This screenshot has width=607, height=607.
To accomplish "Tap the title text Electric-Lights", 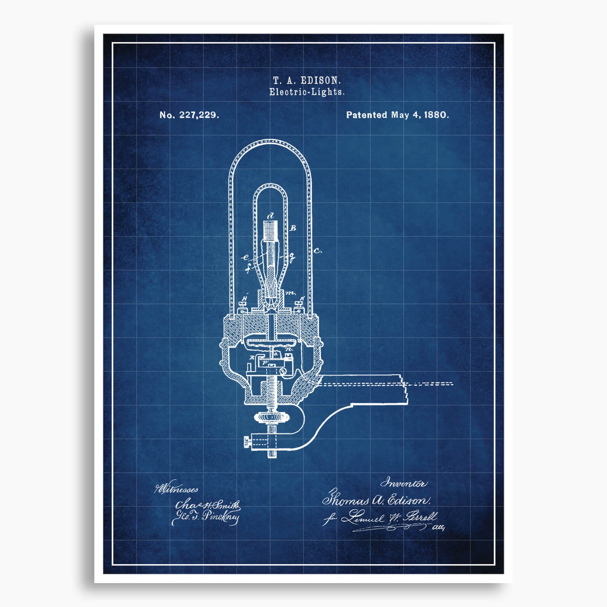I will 307,92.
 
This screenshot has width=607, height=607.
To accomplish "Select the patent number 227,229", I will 199,115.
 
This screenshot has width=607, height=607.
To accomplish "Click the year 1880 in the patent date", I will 436,115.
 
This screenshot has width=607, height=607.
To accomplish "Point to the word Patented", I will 366,115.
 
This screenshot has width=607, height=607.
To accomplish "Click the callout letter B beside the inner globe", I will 293,228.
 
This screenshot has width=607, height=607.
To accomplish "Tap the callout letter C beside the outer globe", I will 318,251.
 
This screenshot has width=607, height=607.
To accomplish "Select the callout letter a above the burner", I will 271,216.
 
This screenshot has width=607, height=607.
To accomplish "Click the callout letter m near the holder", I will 290,292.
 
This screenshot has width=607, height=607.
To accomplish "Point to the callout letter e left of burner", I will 246,258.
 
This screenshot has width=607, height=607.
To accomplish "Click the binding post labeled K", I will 300,305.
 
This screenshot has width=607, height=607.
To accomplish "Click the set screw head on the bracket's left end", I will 247,441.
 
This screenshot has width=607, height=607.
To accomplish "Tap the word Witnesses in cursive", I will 176,489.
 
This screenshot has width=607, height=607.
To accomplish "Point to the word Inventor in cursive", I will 404,483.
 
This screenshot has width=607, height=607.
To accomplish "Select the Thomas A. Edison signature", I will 376,500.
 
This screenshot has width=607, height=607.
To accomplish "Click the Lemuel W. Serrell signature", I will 389,518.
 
